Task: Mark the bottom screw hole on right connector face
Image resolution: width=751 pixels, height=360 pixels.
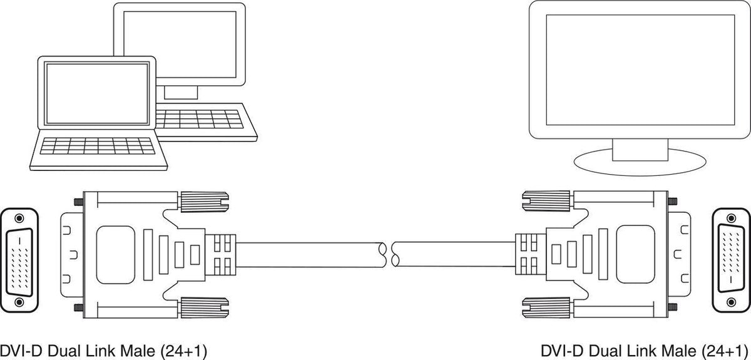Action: (730, 302)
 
